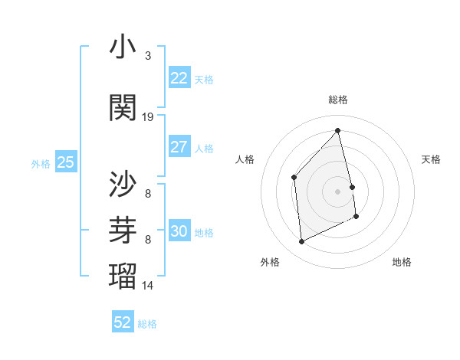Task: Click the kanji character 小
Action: tap(123, 47)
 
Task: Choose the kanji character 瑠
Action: tap(123, 274)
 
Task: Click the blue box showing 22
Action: tap(179, 78)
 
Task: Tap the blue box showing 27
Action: tap(179, 147)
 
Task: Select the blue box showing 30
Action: tap(179, 231)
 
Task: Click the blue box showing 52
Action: tap(123, 322)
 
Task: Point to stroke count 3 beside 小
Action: tap(148, 56)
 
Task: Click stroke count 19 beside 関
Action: tap(148, 117)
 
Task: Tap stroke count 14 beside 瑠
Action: tap(148, 285)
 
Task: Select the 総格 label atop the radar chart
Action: tap(338, 100)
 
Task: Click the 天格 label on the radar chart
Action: tap(431, 159)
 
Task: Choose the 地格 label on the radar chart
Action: tap(402, 262)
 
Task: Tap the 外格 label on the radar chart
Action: tap(270, 262)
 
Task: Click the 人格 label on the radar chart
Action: tap(245, 159)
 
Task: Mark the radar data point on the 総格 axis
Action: tap(338, 131)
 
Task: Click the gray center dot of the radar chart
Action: tap(338, 191)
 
